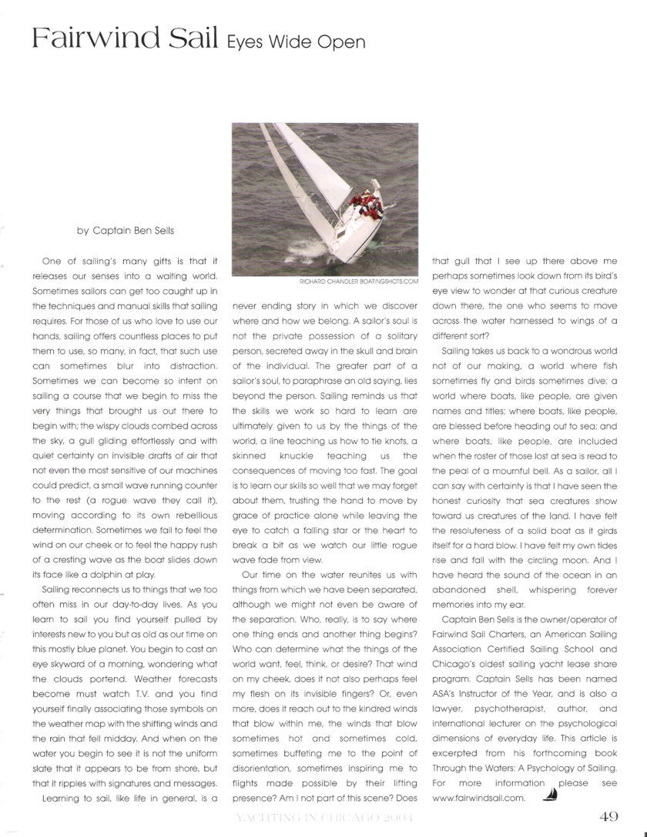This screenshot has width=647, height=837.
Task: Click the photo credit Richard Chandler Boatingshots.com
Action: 356,282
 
